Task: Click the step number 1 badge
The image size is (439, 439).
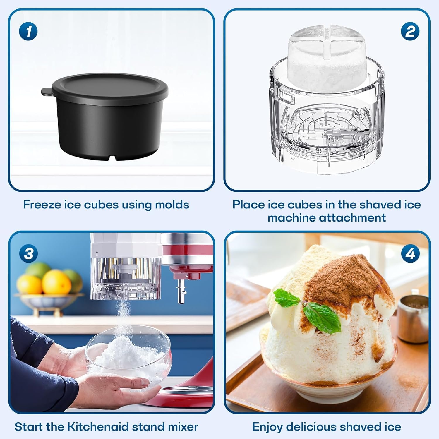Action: click(28, 31)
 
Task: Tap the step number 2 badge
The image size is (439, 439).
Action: click(410, 31)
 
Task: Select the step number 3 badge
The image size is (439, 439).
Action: click(28, 253)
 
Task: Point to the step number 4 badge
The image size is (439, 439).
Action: click(410, 253)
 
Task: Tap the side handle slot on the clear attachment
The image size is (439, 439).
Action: click(285, 97)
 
